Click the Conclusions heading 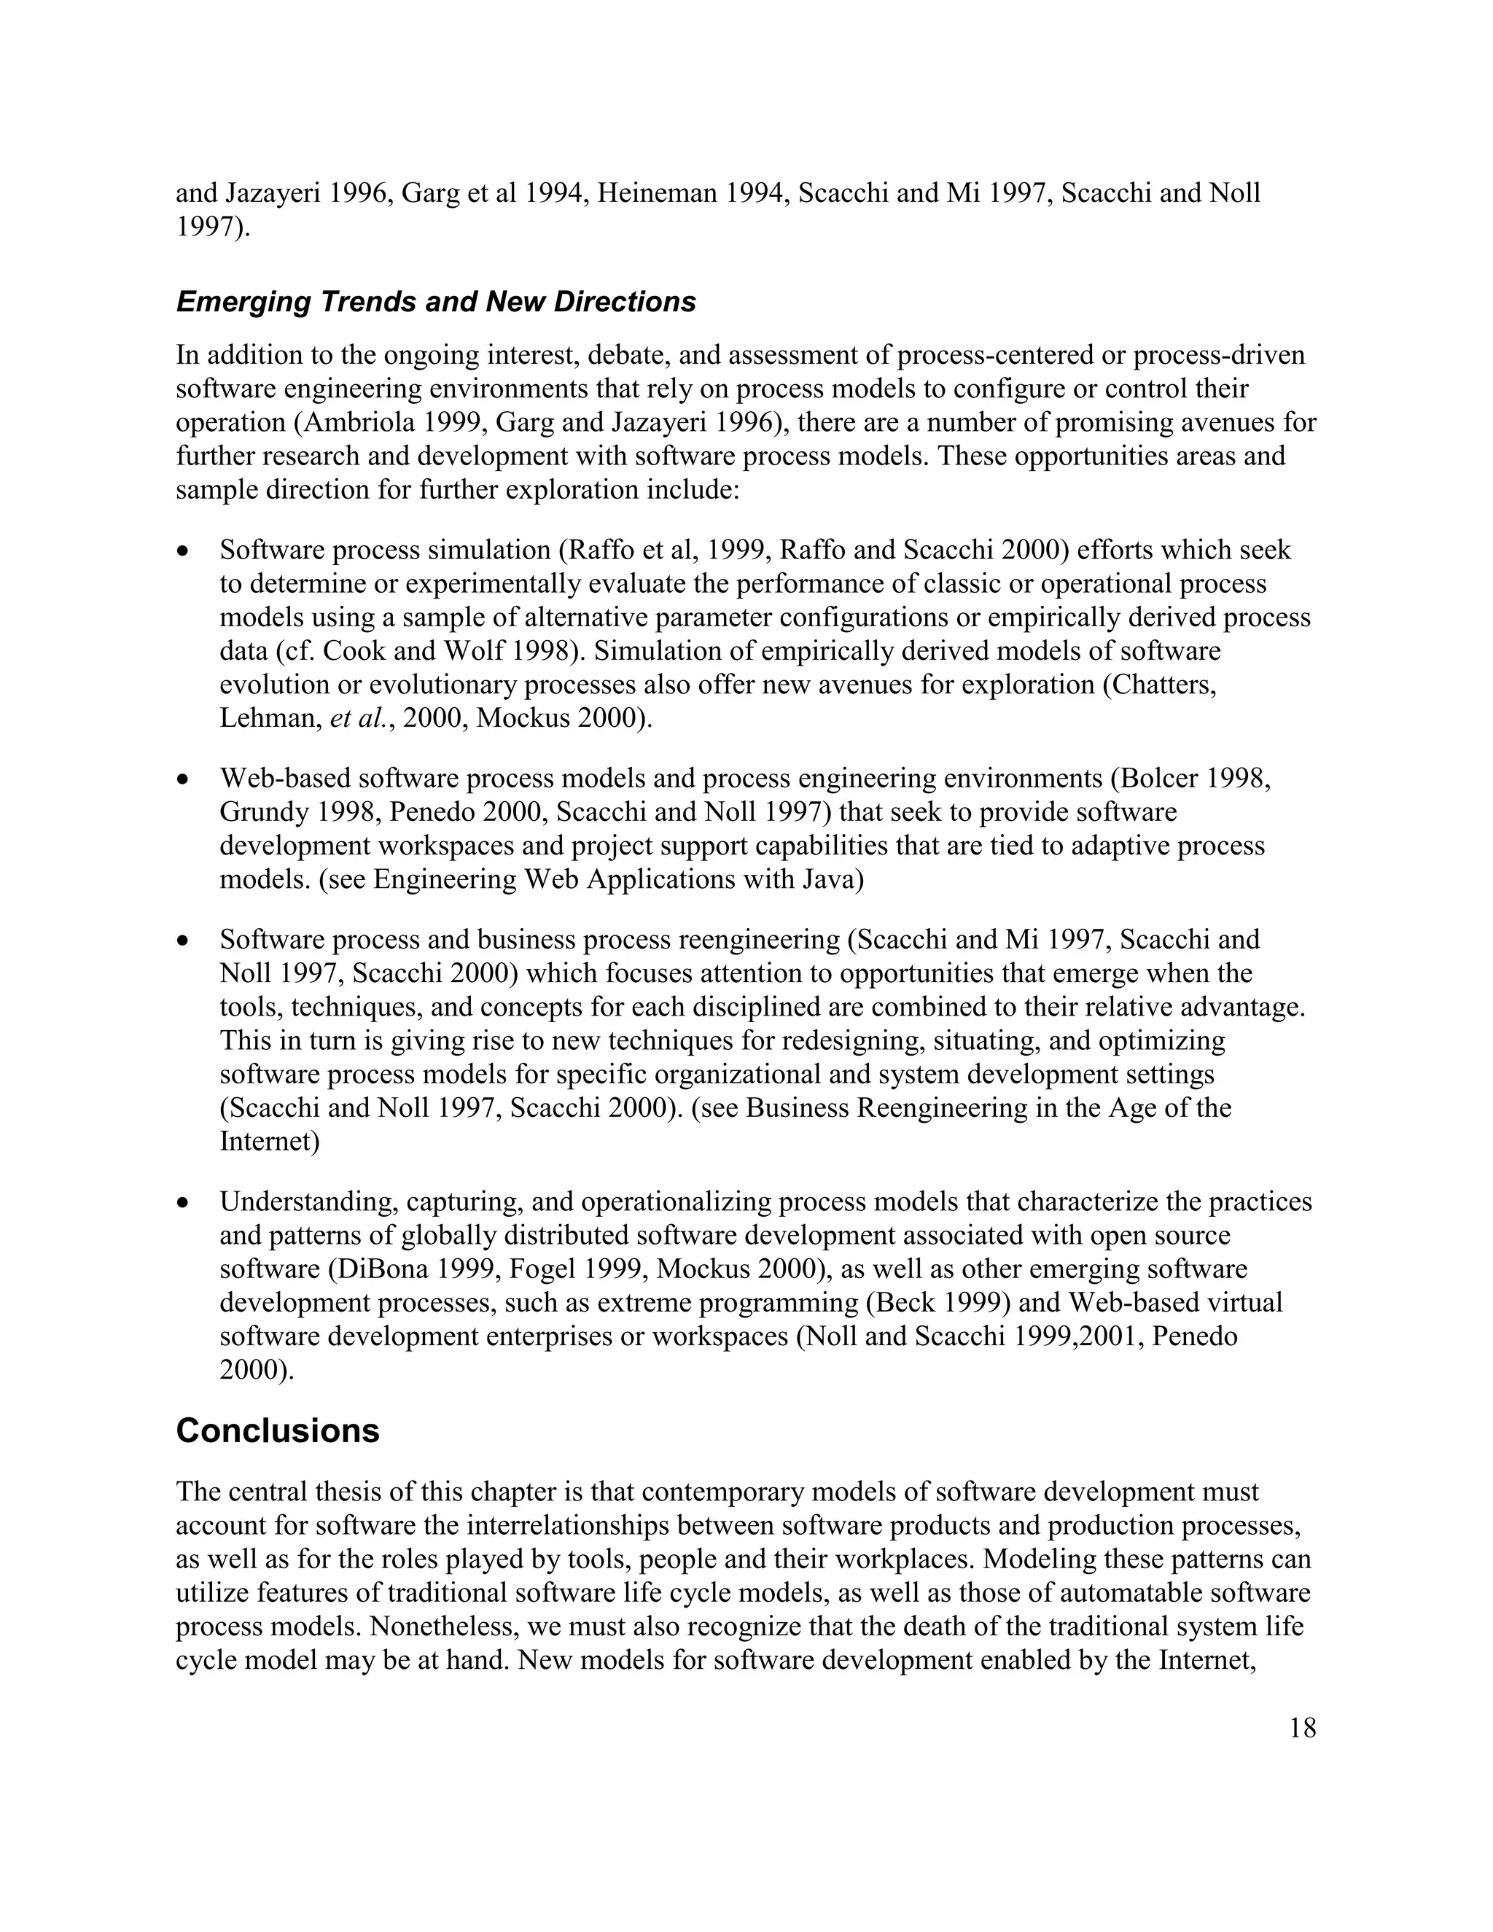(x=278, y=1431)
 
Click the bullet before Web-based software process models (x=182, y=779)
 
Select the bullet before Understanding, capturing (x=182, y=1202)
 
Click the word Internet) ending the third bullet (x=270, y=1142)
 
